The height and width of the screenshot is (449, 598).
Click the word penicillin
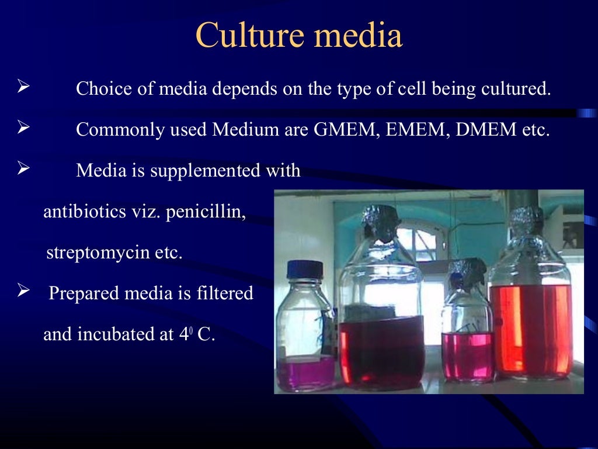point(206,212)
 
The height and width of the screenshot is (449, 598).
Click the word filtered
point(225,293)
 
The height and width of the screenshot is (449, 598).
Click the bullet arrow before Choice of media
point(23,89)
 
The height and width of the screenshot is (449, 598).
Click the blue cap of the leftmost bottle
point(305,270)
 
